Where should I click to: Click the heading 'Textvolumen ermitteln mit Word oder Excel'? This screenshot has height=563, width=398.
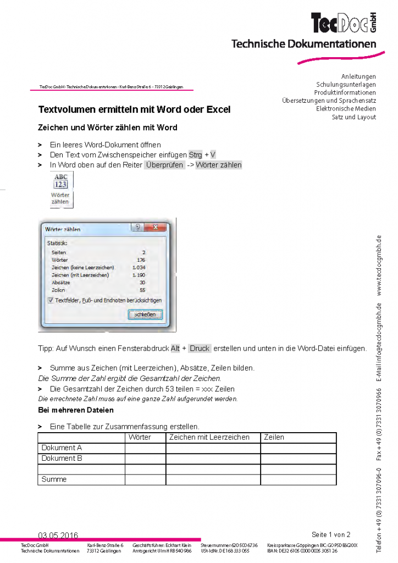coord(134,109)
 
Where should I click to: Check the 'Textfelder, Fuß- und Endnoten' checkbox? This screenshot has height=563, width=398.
coord(51,300)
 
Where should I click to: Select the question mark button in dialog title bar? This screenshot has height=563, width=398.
coord(137,228)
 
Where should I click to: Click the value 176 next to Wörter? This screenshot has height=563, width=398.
coord(141,260)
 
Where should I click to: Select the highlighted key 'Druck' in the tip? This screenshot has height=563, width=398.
coord(200,349)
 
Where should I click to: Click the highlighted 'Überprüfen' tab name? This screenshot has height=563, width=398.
coord(164,165)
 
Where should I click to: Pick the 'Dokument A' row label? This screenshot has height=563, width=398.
coord(62,448)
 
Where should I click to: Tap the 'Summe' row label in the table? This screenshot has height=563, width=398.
coord(54,479)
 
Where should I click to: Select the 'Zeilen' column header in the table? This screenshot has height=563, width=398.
coord(274,438)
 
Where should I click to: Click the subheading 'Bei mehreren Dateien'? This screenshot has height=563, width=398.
coord(76,410)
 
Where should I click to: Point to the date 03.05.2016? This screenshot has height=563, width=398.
coord(58,536)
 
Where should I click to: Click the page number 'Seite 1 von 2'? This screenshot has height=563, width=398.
coord(330,534)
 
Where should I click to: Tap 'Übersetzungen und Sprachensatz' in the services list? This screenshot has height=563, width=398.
coord(329,101)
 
